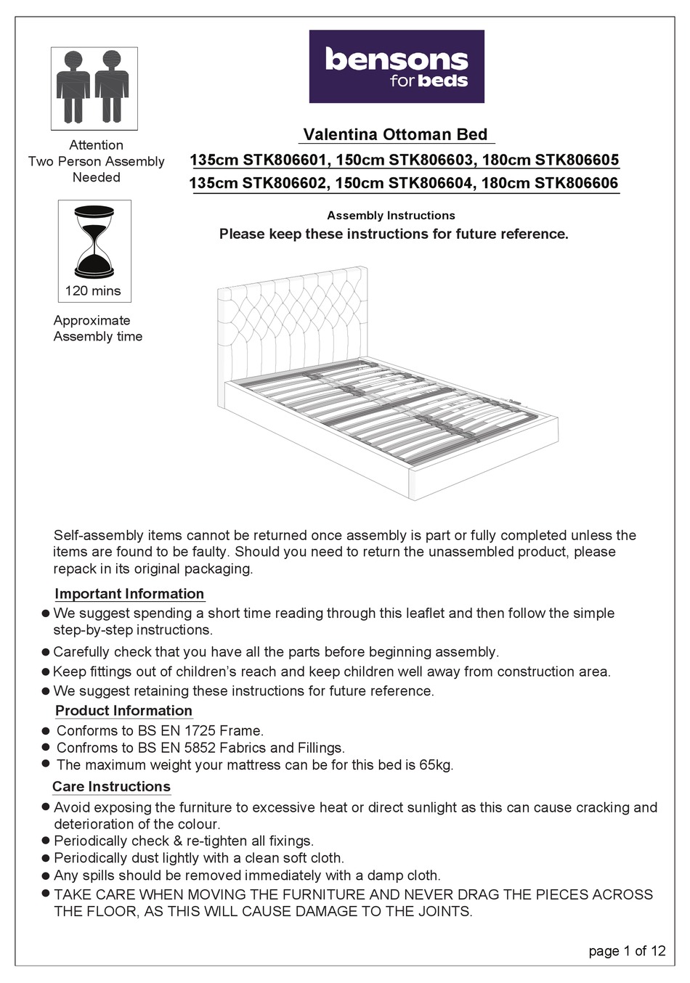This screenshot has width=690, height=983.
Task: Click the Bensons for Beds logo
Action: [x=397, y=66]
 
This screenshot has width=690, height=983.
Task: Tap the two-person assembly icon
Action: [x=94, y=88]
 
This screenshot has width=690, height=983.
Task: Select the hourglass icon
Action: [x=94, y=242]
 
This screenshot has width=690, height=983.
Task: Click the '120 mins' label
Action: [x=93, y=291]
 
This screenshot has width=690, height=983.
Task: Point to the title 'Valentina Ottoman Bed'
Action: [x=395, y=134]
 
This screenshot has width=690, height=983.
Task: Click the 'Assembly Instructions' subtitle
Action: [x=391, y=216]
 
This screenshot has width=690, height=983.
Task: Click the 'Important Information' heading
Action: [x=129, y=594]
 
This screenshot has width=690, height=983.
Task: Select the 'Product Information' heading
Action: [x=123, y=711]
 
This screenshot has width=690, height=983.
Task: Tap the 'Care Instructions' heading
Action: [x=111, y=786]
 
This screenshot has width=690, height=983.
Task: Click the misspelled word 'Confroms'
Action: [x=85, y=748]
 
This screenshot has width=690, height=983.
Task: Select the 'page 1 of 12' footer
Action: [x=627, y=951]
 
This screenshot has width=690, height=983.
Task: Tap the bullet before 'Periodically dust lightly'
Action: [x=46, y=858]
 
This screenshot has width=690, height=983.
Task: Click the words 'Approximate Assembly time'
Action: [x=97, y=328]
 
